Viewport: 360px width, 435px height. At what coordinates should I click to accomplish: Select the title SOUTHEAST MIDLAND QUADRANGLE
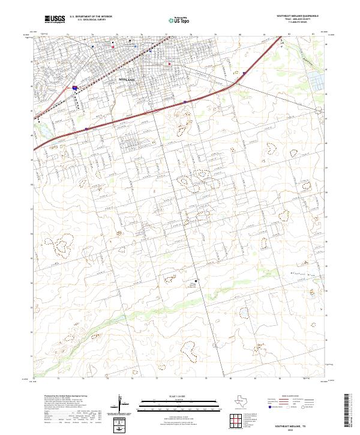coord(298,16)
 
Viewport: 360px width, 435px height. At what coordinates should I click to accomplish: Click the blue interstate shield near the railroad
coord(75,88)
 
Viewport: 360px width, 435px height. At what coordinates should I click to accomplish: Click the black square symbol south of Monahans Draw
coord(193,280)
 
